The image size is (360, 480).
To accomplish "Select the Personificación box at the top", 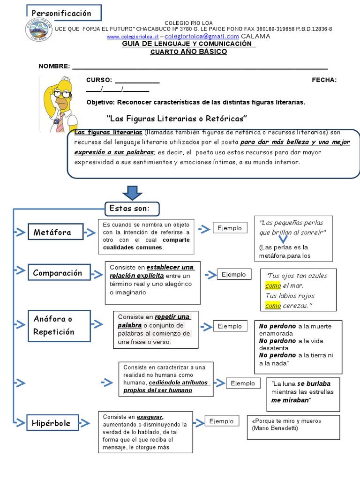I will coord(64,13).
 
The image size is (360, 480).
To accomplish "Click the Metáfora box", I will coord(56,232).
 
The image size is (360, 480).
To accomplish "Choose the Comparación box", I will coord(59,273).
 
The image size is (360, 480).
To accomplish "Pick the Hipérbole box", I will coord(52,423).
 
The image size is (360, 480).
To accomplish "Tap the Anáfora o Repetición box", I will coord(55,325).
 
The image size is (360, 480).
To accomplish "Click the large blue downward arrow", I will coord(132,193).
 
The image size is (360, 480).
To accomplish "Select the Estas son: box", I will coord(132,209).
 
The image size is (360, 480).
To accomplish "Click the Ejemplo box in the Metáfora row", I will coord(230,228).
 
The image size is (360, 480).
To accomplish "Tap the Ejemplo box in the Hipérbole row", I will coord(221,421).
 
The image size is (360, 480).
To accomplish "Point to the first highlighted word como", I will coord(273,285).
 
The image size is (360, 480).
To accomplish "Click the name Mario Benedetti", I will coord(274,428).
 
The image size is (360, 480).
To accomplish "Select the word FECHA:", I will coord(324,80).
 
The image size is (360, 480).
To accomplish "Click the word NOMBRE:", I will coord(54,66).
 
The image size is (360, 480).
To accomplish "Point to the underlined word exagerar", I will coord(150,417).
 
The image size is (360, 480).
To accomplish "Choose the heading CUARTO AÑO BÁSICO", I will coord(188,52).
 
